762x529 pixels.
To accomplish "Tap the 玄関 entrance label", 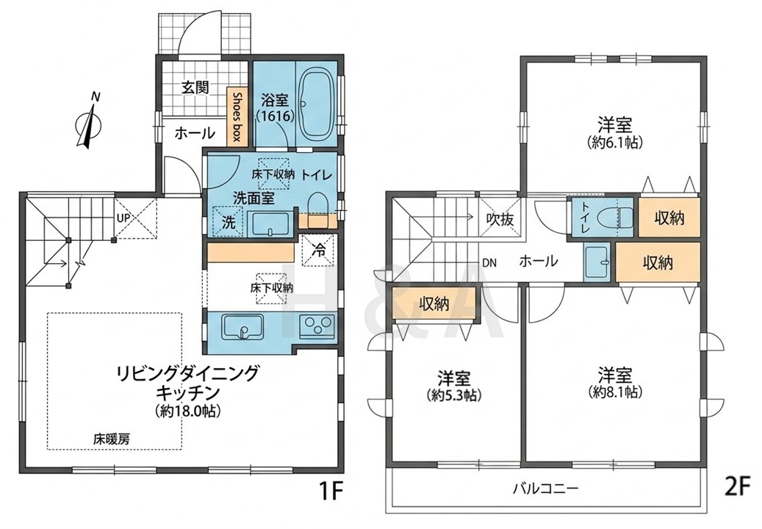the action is pos(195,88).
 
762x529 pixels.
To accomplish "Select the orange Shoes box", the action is pos(237,117).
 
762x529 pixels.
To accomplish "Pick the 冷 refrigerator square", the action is pos(319,251).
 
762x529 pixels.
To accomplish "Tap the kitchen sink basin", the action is pos(242,326).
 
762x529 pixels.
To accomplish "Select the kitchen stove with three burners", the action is pos(317,325).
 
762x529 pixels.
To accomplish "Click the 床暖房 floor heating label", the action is pos(112,439).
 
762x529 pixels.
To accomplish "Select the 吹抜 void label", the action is pos(500,220).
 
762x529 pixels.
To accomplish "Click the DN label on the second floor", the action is pos(490,263).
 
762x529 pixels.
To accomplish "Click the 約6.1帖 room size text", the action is pos(615,143).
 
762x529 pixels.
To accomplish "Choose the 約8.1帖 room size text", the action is pos(615,392).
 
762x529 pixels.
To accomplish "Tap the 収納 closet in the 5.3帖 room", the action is pos(434,305).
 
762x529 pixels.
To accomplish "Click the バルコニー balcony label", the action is pos(545,488).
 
